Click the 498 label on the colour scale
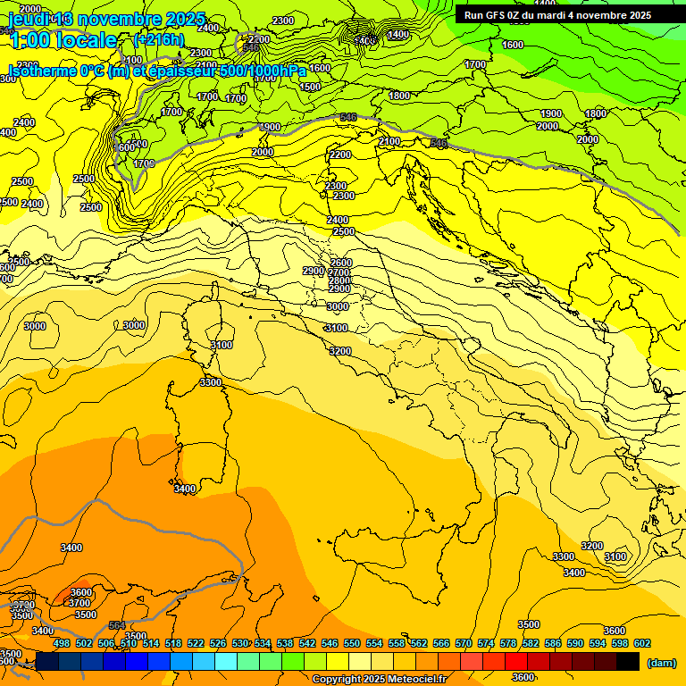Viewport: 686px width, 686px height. point(62,643)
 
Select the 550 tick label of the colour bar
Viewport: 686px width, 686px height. point(352,643)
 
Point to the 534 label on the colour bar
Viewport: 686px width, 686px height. point(263,643)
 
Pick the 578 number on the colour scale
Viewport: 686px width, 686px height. point(508,643)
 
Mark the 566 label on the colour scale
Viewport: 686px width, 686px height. point(441,643)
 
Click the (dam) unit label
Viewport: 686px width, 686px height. point(662,663)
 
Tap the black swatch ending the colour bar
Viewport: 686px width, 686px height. point(628,661)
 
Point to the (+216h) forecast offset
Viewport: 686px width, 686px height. point(159,40)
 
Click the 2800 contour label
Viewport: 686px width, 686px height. point(339,280)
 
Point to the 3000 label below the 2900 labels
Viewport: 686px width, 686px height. point(337,306)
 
